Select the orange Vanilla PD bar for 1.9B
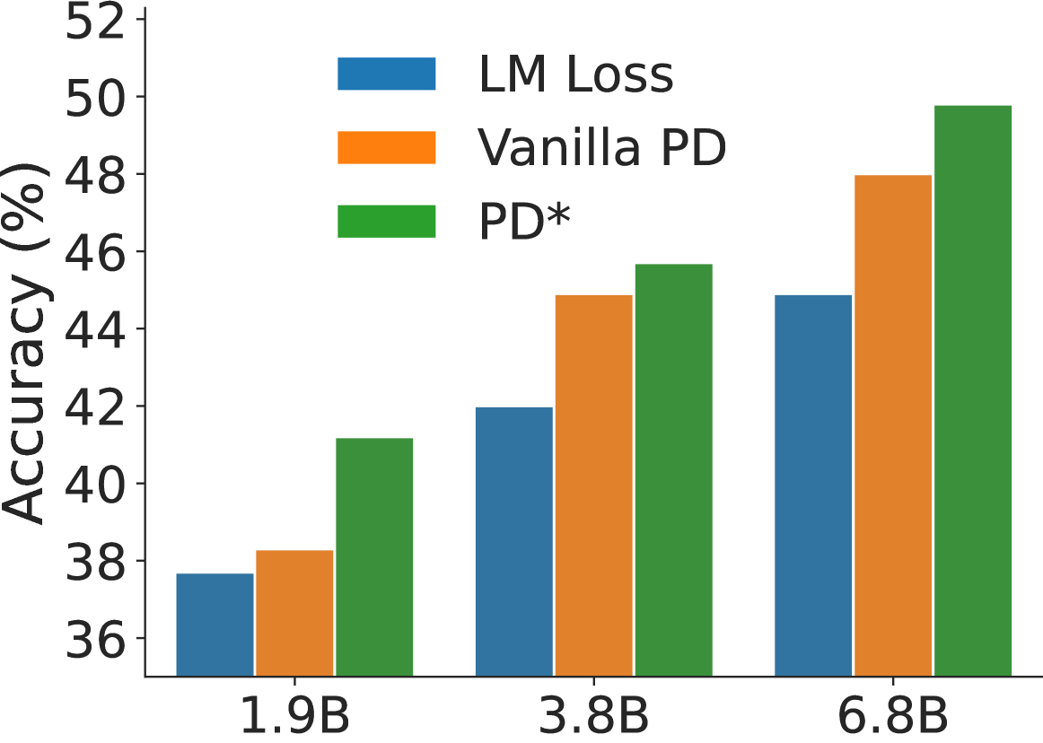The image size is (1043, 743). click(294, 613)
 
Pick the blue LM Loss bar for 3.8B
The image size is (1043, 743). click(513, 541)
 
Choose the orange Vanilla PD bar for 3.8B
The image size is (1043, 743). click(593, 485)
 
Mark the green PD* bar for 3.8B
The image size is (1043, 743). click(673, 469)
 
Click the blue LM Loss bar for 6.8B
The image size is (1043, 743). click(813, 485)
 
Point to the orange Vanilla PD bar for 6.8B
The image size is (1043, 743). click(893, 424)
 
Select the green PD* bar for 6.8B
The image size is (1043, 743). click(973, 390)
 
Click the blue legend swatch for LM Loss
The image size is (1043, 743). click(386, 74)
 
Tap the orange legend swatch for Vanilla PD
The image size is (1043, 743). click(386, 148)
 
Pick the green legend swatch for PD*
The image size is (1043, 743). click(386, 222)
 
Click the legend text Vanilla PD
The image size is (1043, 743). click(601, 148)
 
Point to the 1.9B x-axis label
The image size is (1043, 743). click(294, 717)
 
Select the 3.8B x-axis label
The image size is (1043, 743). click(593, 717)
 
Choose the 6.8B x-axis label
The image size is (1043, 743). click(893, 717)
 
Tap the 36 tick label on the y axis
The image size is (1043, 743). click(94, 639)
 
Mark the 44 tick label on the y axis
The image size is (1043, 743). click(94, 328)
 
